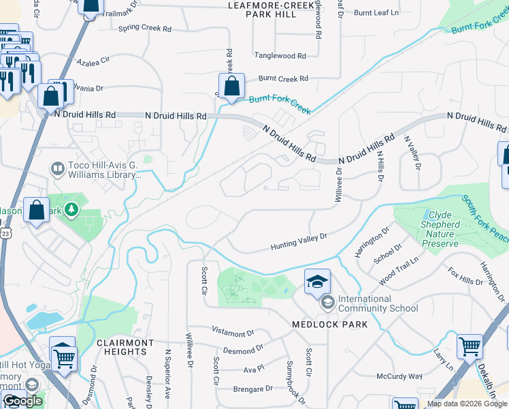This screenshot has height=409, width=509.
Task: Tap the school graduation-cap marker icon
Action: tap(317, 282)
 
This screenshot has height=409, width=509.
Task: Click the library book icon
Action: tap(57, 168)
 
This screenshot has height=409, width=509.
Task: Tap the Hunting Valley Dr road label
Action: tap(299, 241)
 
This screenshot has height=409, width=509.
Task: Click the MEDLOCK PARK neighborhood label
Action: tap(329, 324)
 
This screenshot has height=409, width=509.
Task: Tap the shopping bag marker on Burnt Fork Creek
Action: tap(231, 87)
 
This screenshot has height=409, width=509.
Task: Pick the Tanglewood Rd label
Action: tap(280, 56)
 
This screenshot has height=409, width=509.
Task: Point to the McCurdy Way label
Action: tap(399, 376)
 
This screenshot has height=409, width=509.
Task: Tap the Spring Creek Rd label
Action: tap(145, 29)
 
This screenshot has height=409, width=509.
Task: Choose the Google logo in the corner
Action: tap(22, 401)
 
